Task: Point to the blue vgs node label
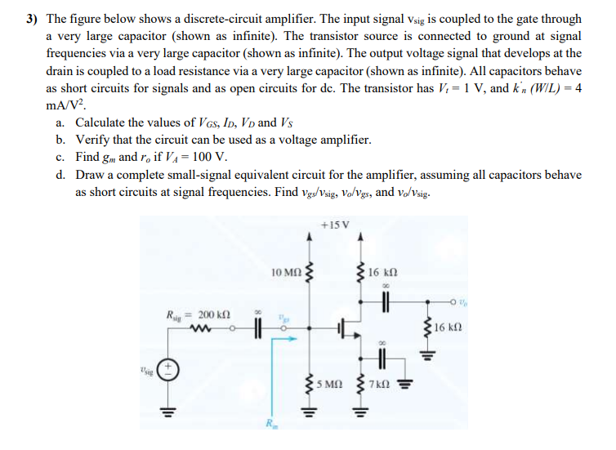[x=284, y=314]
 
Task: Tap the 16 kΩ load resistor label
[x=452, y=328]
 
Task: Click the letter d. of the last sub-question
[x=62, y=175]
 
